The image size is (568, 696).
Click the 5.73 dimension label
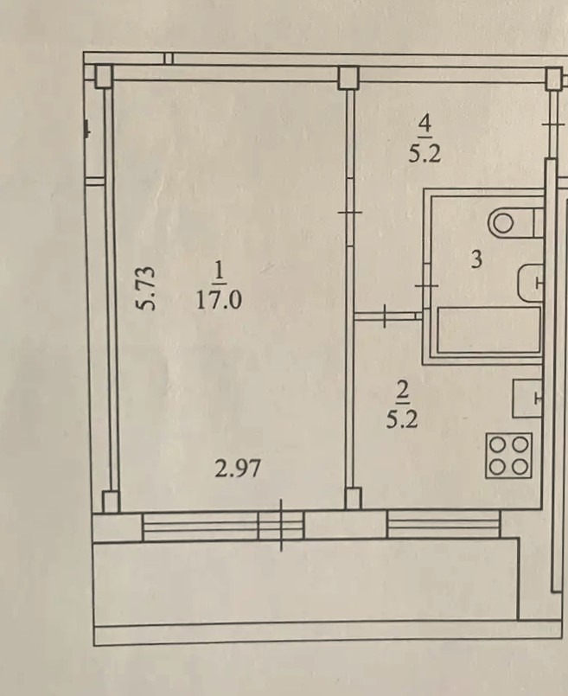146,287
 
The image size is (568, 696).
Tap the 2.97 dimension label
238,469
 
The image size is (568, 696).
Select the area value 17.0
219,300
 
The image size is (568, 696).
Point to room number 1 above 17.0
220,272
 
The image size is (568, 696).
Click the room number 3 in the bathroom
476,259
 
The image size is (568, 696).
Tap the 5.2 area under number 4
424,154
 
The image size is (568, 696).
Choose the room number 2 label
403,391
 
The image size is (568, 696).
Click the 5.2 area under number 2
402,419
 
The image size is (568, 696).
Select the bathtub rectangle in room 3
489,329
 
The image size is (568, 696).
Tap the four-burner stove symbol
508,456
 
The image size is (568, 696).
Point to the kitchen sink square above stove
528,399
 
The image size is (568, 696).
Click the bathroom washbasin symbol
531,284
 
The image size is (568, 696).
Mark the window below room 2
444,524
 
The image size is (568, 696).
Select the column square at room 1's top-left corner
104,76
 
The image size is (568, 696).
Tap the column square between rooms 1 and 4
348,78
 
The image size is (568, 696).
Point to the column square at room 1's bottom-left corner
111,501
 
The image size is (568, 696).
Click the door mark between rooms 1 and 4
349,213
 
